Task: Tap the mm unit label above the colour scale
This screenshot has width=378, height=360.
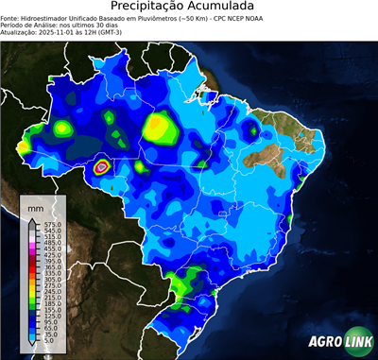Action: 35,205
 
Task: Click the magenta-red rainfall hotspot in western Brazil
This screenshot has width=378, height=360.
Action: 102,167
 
